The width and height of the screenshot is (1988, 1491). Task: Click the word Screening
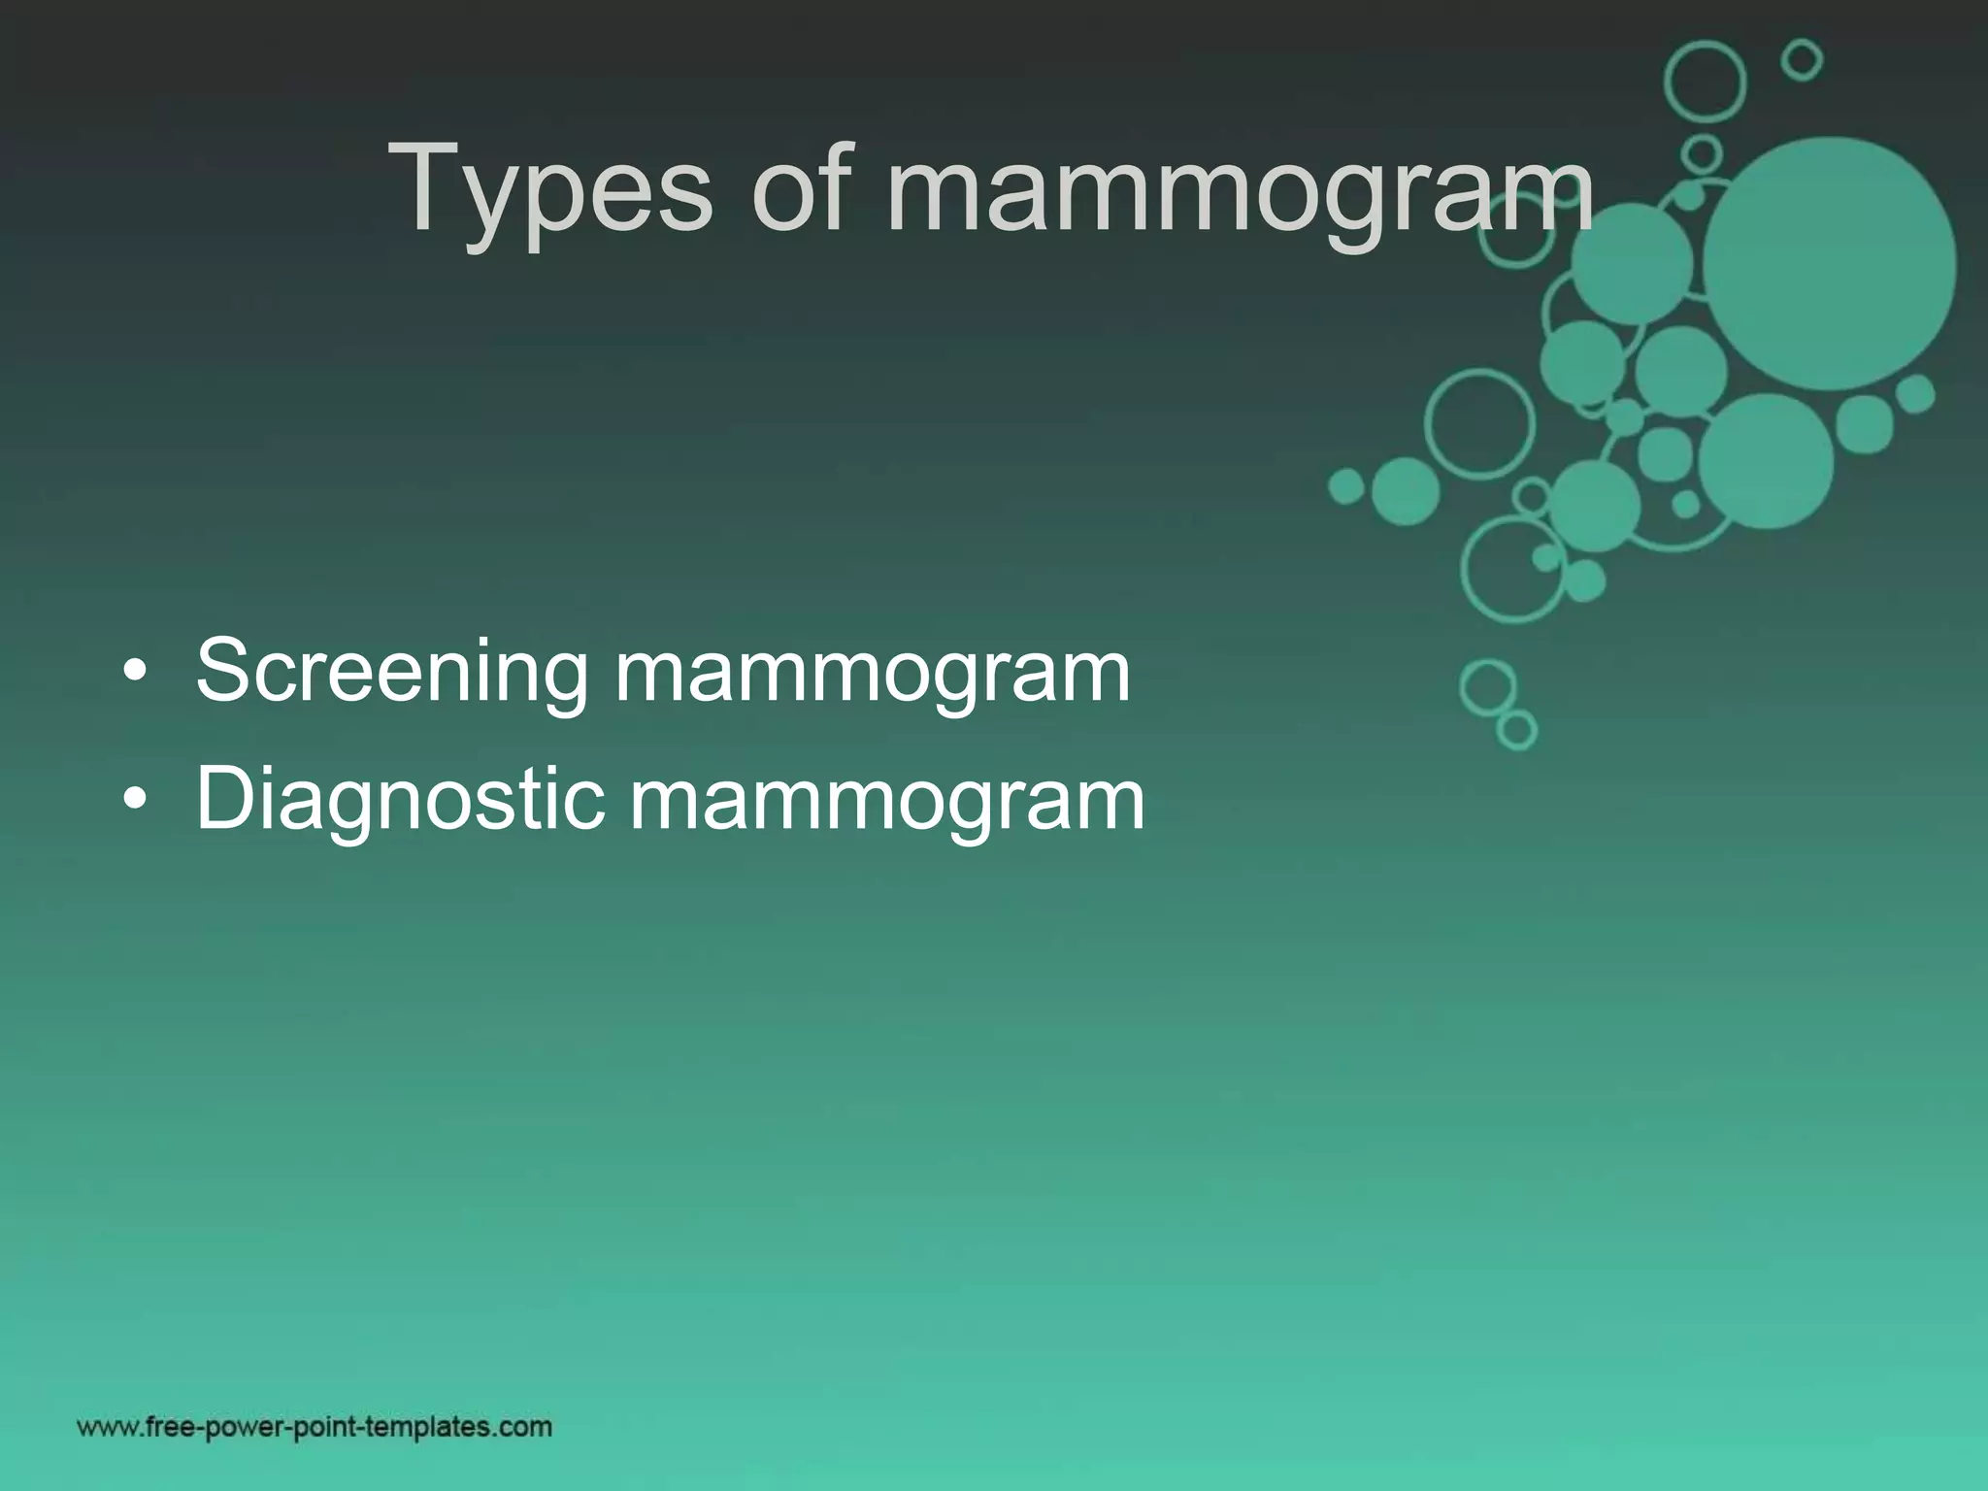(391, 673)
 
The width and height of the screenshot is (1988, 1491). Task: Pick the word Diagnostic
(399, 802)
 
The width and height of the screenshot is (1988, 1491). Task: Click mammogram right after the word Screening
(873, 673)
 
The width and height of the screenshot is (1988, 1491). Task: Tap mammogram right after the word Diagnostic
(887, 802)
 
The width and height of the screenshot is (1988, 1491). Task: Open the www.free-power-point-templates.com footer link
(315, 1427)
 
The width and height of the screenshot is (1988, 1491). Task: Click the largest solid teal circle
(1829, 264)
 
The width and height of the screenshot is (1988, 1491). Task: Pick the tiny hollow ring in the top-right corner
(1802, 60)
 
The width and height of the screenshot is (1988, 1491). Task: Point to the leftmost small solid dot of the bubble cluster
(1345, 486)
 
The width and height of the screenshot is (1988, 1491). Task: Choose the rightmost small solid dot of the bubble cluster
(1915, 394)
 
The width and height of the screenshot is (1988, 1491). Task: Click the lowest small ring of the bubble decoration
(1517, 729)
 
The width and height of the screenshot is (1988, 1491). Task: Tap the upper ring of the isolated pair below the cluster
(1487, 686)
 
